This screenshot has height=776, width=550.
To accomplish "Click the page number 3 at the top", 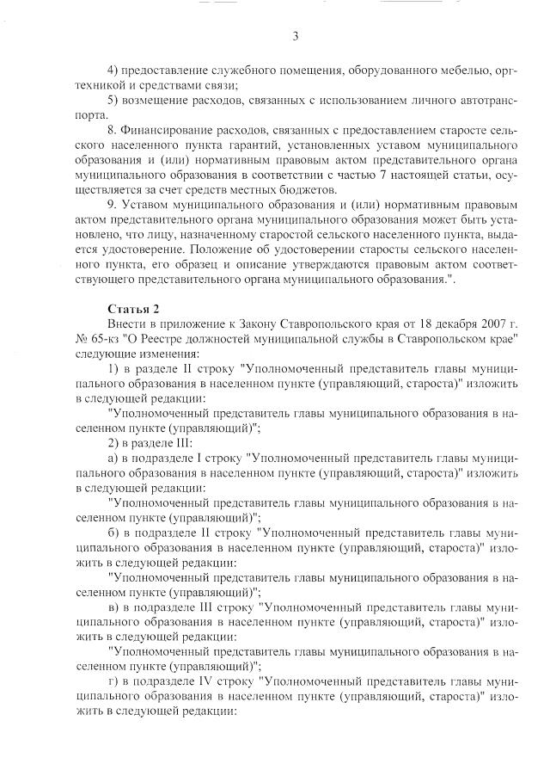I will coord(295,35).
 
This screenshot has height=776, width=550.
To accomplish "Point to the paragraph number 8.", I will coord(112,129).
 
